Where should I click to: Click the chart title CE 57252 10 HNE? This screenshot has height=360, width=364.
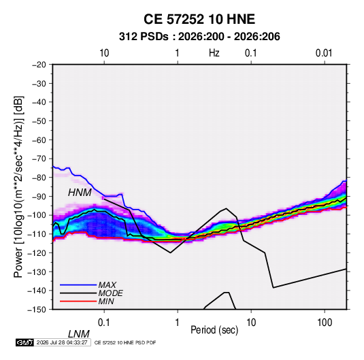coord(199,19)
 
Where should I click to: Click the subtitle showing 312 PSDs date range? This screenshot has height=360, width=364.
coord(199,37)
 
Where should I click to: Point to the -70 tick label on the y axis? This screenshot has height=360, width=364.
coord(39,159)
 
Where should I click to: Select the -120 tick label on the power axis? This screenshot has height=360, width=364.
coord(37,253)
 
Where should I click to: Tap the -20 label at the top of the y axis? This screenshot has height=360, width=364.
coord(39,65)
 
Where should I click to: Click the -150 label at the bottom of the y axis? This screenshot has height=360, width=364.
coord(37,310)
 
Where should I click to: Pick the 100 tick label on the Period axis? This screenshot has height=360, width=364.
coord(325,323)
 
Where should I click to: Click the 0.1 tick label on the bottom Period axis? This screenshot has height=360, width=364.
coord(104,323)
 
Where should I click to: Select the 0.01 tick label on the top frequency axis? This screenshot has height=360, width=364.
coord(324,53)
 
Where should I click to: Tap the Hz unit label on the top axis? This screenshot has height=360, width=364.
coord(214,53)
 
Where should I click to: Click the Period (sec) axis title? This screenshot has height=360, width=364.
coord(214,330)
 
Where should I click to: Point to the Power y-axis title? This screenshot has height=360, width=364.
coord(18,187)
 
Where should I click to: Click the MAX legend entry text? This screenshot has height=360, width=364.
coord(107,285)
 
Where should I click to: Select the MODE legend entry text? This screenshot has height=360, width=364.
coord(110,293)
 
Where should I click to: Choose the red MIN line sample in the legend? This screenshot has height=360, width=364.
coord(78,301)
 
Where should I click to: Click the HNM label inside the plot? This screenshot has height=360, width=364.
coord(80,193)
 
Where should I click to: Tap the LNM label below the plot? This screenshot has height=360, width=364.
coord(78,334)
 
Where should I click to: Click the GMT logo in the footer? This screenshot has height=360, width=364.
coord(24,342)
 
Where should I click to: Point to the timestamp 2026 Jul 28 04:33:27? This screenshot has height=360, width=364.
coord(62,342)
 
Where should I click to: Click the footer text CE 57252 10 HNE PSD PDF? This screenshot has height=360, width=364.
coord(125,342)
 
